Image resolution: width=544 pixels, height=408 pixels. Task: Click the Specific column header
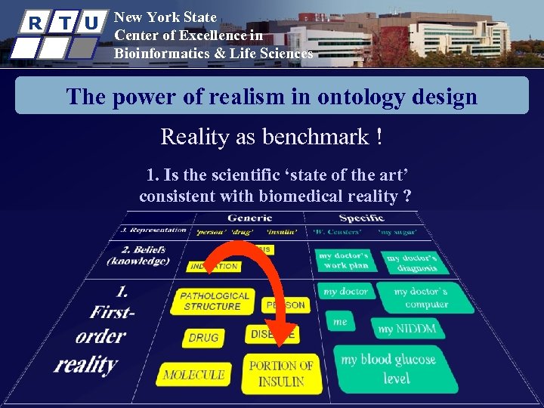click(362, 218)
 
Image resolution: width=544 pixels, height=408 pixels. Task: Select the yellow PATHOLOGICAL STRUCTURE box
click(215, 301)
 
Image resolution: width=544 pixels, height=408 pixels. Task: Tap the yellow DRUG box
click(203, 338)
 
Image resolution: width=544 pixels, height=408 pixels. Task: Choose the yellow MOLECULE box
click(193, 374)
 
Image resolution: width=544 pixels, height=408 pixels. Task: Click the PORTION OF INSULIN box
click(280, 373)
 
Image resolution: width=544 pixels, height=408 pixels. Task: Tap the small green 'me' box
click(341, 322)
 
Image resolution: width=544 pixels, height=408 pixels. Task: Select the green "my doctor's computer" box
click(425, 297)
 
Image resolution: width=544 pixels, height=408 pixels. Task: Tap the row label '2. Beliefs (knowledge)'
click(137, 255)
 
